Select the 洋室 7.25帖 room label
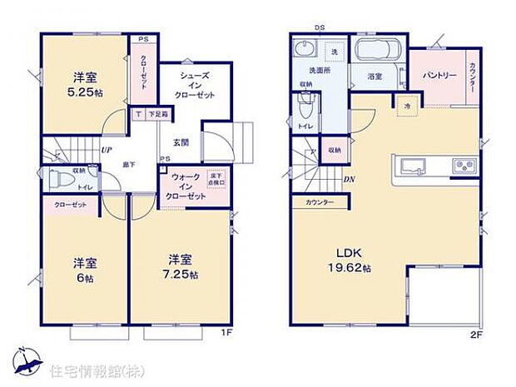[181, 264]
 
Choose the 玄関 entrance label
[181, 142]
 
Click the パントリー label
[439, 76]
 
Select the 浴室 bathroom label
[375, 77]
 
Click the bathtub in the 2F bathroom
[379, 50]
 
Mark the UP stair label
[107, 151]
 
